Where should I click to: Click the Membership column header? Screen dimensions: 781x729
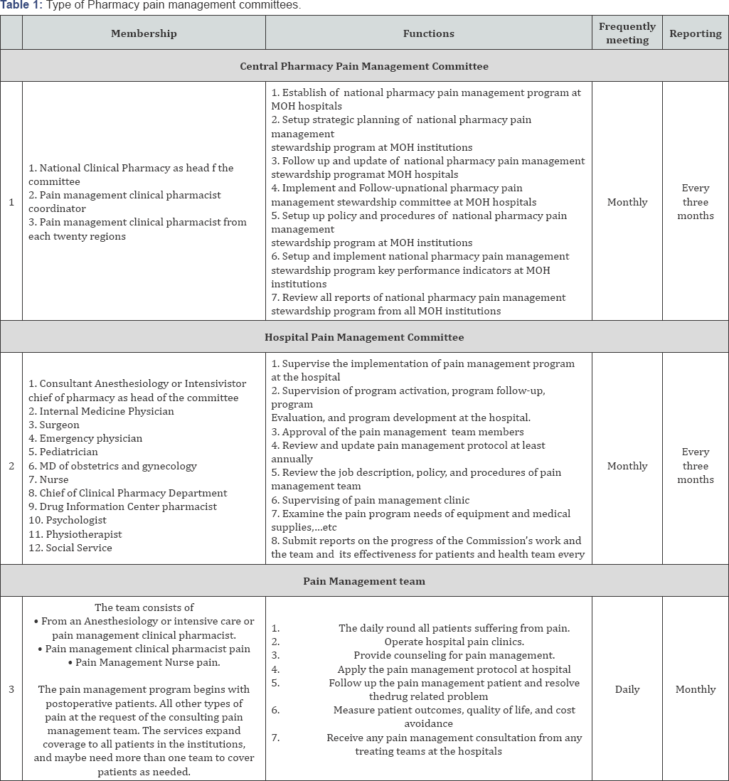coord(144,33)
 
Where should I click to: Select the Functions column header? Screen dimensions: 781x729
coord(428,33)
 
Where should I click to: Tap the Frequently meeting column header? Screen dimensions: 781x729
coord(627,33)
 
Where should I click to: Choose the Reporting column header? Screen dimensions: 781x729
coord(695,33)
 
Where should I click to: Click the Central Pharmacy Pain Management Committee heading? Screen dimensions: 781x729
coord(364,66)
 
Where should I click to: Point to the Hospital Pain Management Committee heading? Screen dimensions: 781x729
coord(364,337)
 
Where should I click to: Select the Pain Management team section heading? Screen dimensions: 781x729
coord(364,581)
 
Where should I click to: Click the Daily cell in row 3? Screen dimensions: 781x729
coord(627,689)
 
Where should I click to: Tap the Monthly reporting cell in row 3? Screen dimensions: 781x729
coord(695,689)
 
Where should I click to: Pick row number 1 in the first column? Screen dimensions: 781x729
coord(11,202)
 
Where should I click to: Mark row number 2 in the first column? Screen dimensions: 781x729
coord(11,466)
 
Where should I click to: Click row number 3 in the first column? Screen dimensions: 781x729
coord(11,689)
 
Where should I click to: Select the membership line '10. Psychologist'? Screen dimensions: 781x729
coord(68,521)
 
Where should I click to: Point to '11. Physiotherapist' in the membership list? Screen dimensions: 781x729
coord(75,534)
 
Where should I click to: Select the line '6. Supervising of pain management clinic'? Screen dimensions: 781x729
coord(371,500)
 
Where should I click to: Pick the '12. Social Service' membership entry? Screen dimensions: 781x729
coord(70,548)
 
